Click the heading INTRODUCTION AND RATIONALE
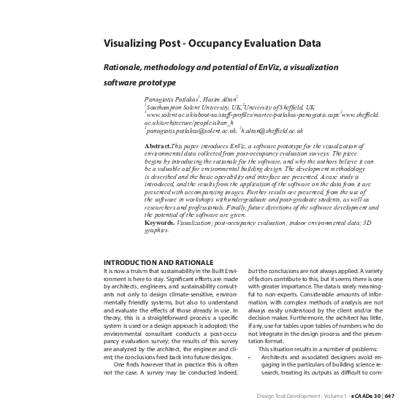158,262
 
